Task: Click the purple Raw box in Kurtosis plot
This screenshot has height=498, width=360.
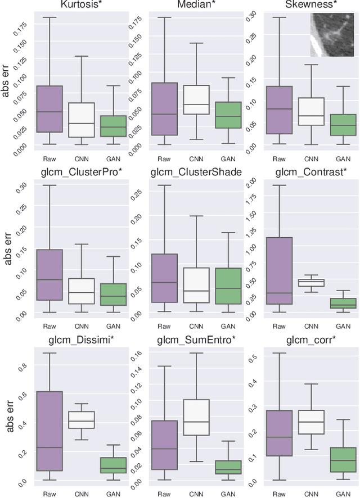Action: [49, 109]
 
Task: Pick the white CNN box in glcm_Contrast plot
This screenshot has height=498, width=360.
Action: [311, 283]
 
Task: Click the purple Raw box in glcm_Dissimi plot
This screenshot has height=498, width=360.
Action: [49, 431]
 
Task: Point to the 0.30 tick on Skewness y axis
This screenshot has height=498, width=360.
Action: [253, 14]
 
